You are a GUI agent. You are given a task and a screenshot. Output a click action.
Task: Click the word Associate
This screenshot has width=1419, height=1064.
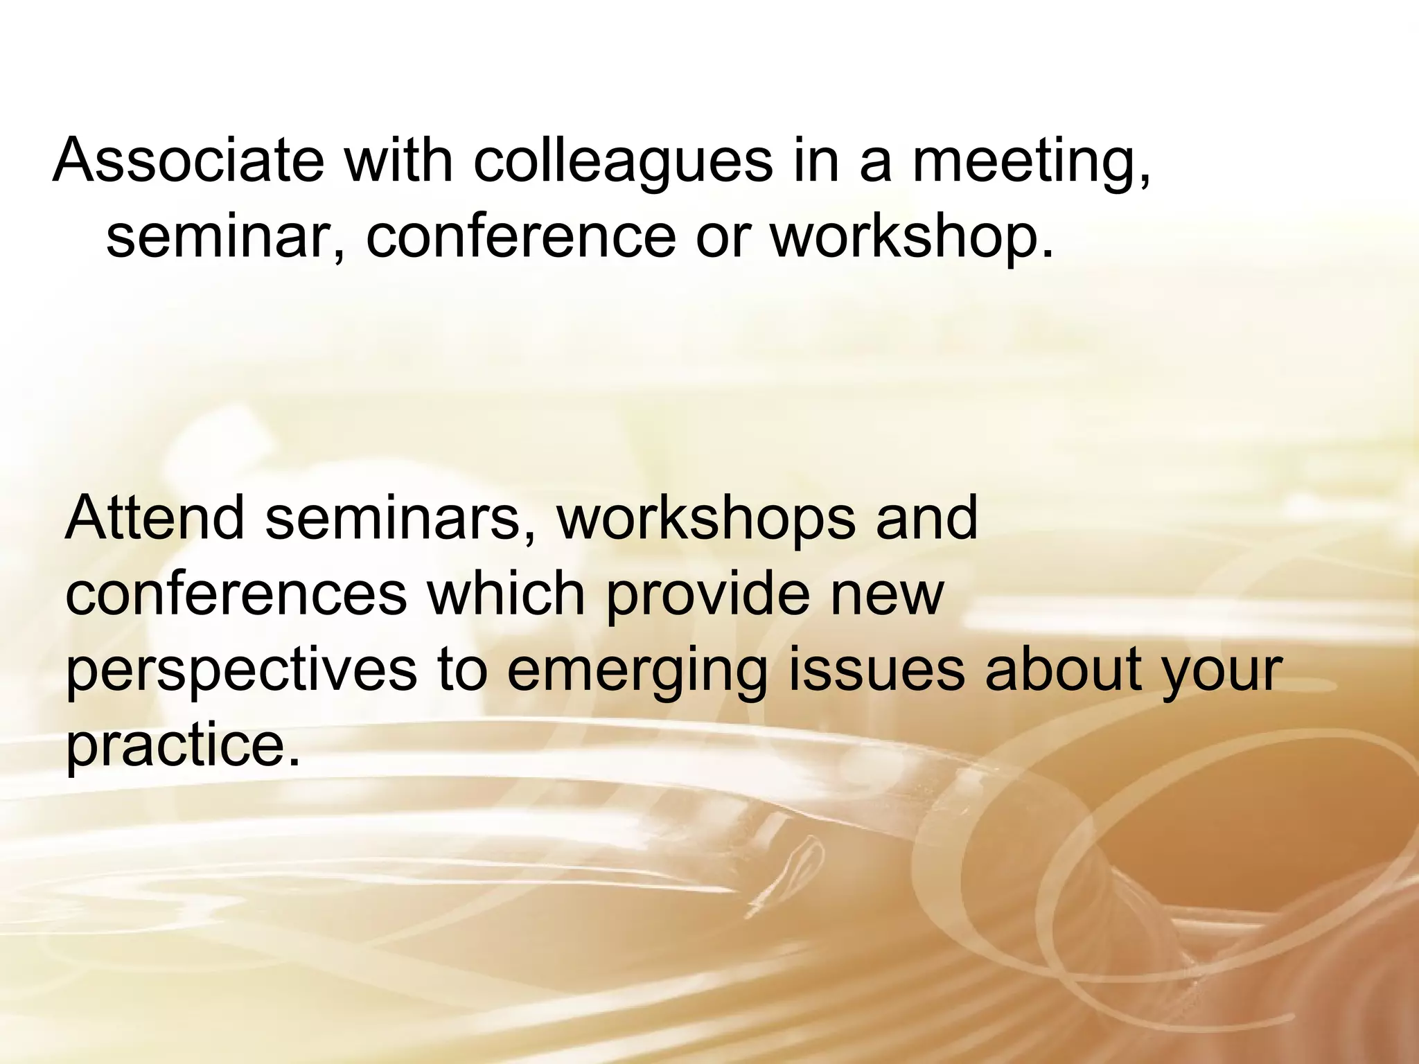(188, 161)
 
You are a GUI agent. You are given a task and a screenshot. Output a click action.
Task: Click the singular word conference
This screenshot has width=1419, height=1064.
(520, 237)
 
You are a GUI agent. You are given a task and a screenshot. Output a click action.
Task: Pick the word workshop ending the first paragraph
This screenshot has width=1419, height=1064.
(910, 238)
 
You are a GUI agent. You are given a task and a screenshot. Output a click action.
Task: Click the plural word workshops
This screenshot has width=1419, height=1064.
(706, 520)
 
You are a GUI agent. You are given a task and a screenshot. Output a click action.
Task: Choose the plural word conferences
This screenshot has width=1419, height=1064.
(236, 594)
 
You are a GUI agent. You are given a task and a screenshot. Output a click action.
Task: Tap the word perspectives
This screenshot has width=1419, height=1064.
(241, 671)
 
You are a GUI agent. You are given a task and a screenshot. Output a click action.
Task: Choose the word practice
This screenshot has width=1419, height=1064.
(184, 747)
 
